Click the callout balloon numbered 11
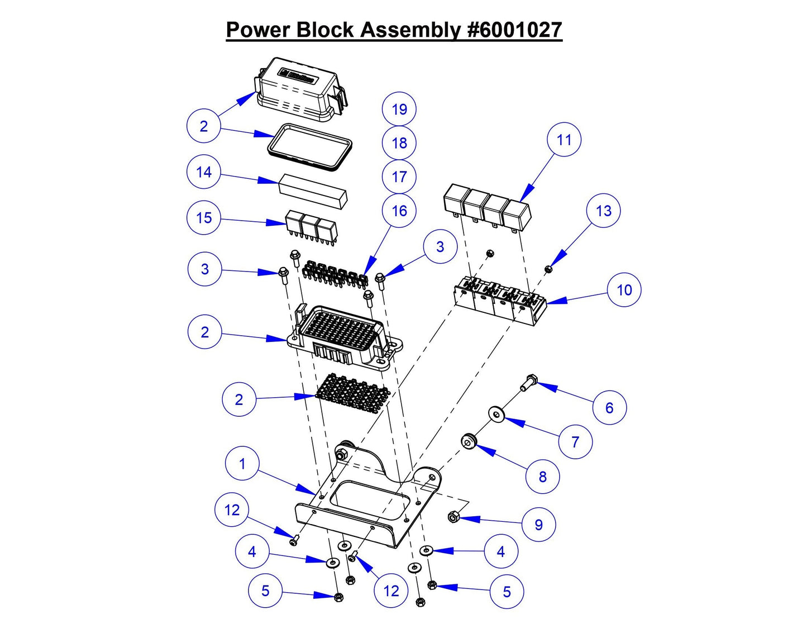pos(564,140)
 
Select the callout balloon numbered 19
pos(399,109)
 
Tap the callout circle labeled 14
pos(204,172)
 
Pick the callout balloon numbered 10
pos(624,290)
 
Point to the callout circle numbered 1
pos(242,464)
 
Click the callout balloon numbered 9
pos(538,525)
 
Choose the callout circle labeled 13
pos(604,211)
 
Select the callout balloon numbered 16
pos(399,211)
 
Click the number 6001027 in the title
pos(514,30)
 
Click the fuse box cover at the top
pos(299,89)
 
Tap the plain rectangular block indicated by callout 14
pos(313,190)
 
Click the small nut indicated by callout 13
pos(548,270)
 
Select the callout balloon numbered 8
pos(542,477)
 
